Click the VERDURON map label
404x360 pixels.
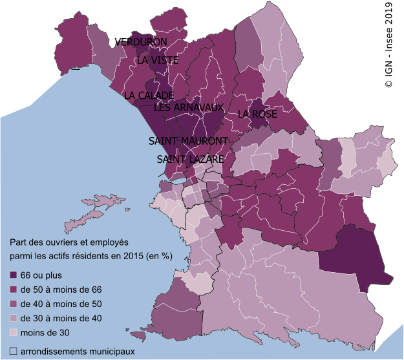click(141, 42)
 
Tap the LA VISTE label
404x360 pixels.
click(157, 60)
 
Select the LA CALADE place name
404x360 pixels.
click(148, 96)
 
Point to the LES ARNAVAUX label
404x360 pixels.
click(189, 108)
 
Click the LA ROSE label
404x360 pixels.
click(257, 114)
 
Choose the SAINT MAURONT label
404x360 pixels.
click(188, 141)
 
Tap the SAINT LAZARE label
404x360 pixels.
click(190, 158)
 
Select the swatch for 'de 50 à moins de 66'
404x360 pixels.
click(14, 290)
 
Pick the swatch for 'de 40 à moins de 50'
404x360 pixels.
click(14, 304)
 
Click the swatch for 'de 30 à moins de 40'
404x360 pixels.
click(14, 318)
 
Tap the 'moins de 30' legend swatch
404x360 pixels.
click(14, 332)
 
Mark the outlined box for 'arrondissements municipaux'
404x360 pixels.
click(14, 352)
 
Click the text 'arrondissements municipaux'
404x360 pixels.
click(78, 352)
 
